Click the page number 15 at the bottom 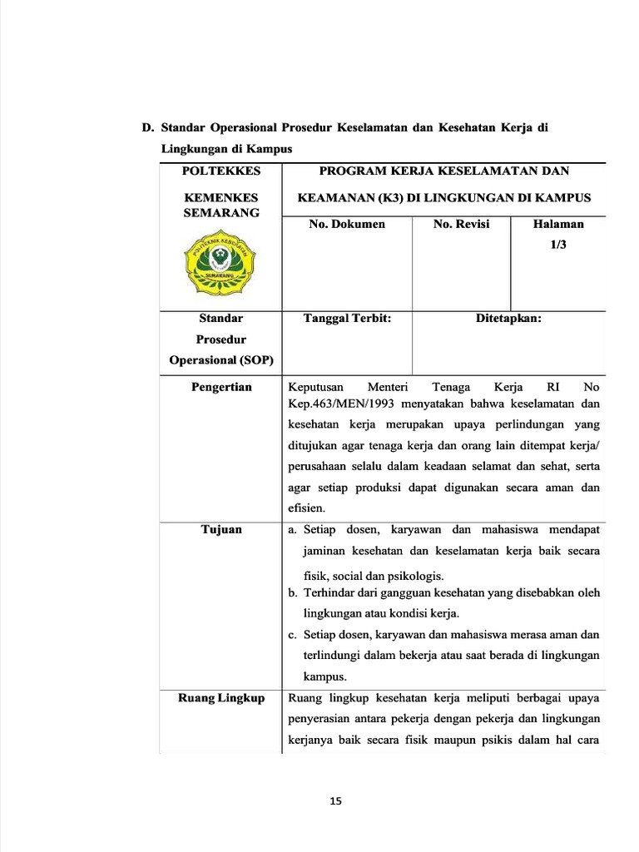[335, 801]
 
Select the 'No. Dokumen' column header [347, 225]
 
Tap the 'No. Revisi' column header [461, 225]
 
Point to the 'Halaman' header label [557, 225]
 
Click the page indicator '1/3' [557, 246]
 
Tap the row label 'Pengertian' [221, 388]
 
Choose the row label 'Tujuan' [221, 529]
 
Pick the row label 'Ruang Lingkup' [221, 698]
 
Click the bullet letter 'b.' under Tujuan [293, 593]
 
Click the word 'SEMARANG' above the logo [220, 213]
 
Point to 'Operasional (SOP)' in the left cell [220, 360]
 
